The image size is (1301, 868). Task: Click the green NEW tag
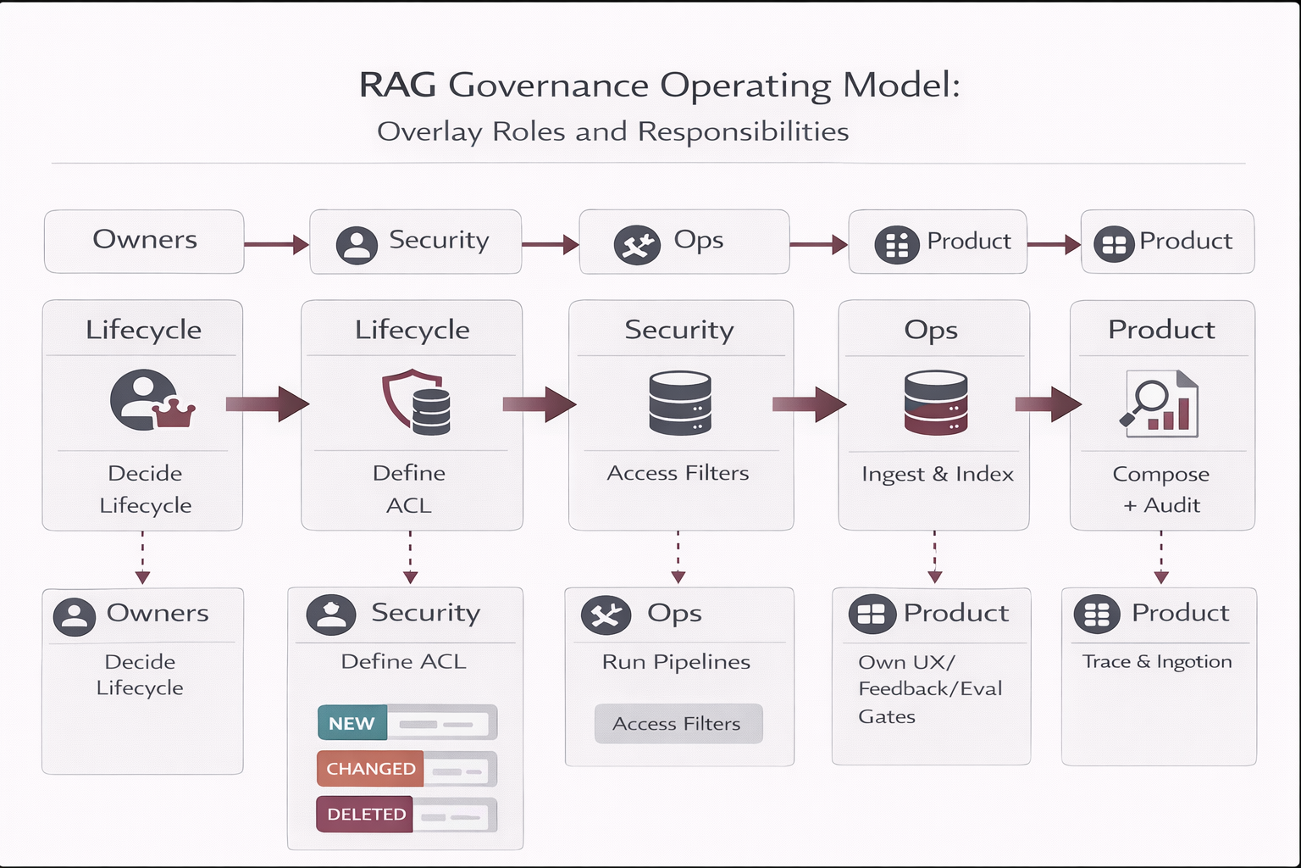[x=352, y=723]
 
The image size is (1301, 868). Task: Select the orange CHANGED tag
[x=371, y=769]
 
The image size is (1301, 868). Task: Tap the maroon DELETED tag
[x=366, y=815]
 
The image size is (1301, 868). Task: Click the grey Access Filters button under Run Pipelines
[x=678, y=724]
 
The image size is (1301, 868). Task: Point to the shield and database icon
[x=416, y=402]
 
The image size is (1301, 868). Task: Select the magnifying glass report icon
[x=1160, y=404]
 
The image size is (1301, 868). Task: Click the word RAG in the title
[x=397, y=86]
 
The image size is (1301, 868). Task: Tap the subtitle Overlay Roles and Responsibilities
[x=612, y=132]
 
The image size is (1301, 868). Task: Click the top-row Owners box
[x=144, y=242]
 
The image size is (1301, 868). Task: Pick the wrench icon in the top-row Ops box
[x=637, y=245]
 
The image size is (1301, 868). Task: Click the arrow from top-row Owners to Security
[x=276, y=245]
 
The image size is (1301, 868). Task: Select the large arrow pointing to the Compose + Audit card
[x=1049, y=404]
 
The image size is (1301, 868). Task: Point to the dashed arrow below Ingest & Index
[x=934, y=558]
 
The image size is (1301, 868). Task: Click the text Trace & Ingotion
[x=1157, y=662]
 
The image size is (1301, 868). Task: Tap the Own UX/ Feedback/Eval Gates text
[x=929, y=688]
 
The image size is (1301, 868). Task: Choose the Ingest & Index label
[x=937, y=474]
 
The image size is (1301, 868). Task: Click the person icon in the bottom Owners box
[x=75, y=616]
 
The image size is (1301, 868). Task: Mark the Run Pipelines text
[x=676, y=662]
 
